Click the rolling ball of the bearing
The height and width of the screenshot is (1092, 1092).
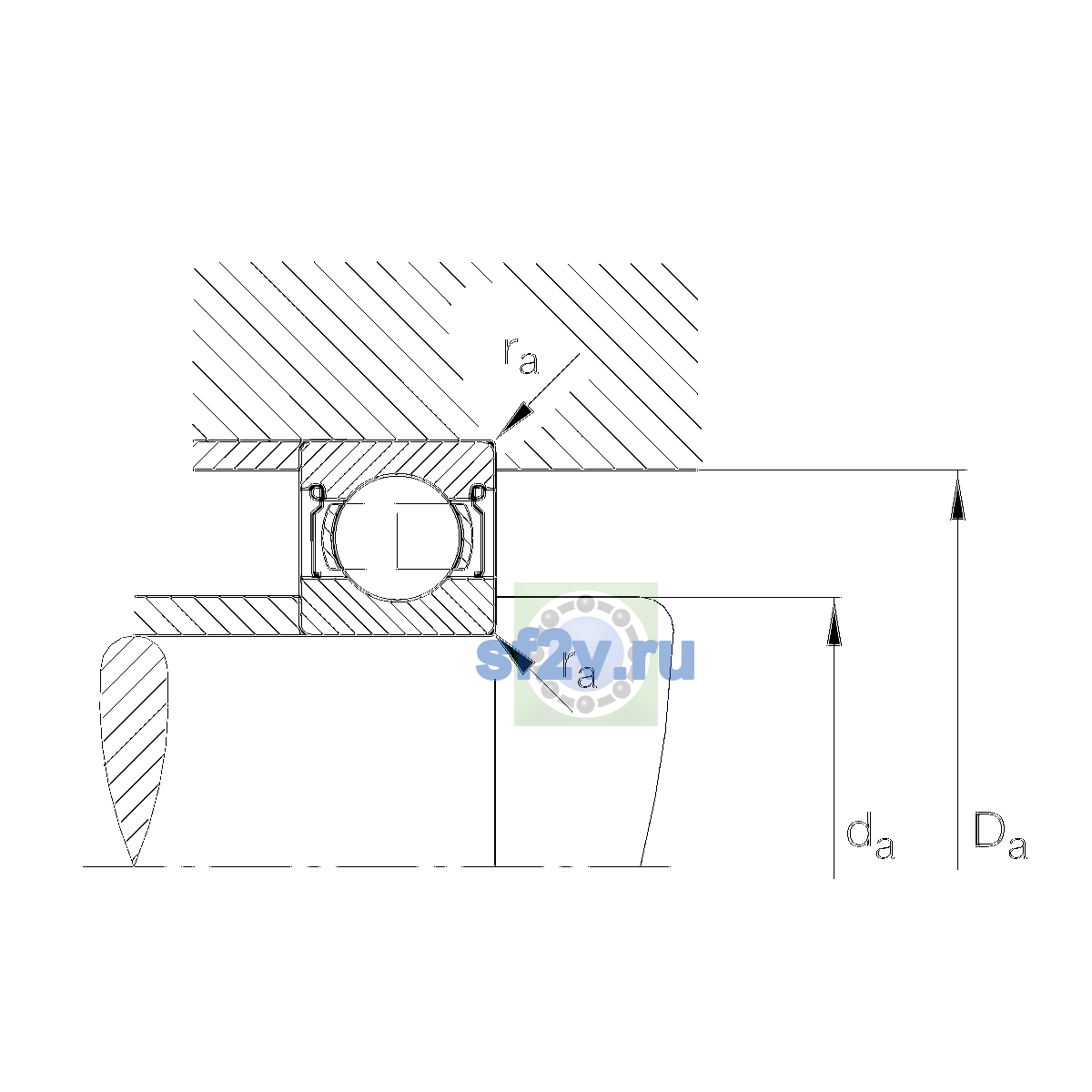[398, 537]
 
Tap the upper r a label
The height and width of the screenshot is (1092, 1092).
[521, 356]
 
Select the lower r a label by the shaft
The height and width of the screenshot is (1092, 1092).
[579, 669]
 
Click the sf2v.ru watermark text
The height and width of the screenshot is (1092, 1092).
[585, 659]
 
